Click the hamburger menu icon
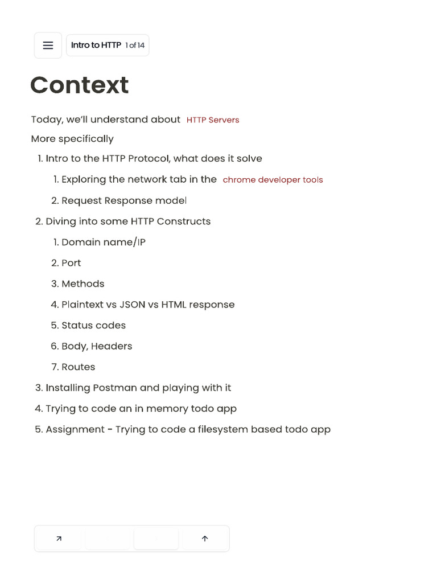click(x=48, y=46)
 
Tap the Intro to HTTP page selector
click(x=108, y=46)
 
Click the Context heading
click(x=79, y=85)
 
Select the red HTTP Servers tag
click(x=213, y=120)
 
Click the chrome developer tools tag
click(x=273, y=180)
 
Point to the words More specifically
click(x=72, y=139)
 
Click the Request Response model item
click(x=123, y=200)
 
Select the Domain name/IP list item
click(x=103, y=242)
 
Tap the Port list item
click(x=71, y=263)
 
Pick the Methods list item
click(x=83, y=284)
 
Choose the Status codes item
click(x=93, y=325)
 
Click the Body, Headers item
click(x=97, y=346)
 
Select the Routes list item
click(x=78, y=367)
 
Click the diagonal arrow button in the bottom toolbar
click(x=59, y=539)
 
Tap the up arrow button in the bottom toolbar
click(x=205, y=539)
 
